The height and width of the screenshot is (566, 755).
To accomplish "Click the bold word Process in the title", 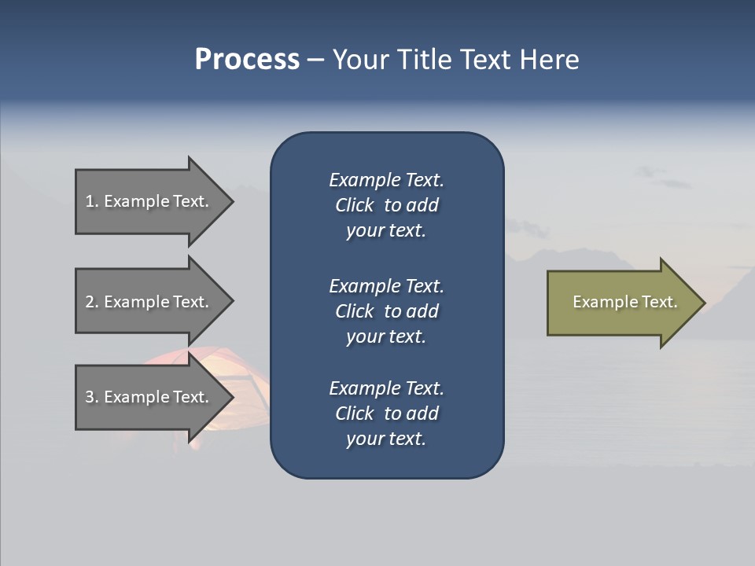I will pos(247,60).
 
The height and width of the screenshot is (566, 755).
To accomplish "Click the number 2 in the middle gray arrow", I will pos(90,302).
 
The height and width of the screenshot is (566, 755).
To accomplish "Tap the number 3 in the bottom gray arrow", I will pos(90,397).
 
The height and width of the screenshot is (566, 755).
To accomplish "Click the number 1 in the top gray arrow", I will pos(90,201).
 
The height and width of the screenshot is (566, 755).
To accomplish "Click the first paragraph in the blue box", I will pos(386,205).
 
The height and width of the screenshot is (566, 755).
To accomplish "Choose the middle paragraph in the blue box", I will pos(386,311).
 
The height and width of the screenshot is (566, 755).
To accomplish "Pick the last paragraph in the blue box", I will pos(386,413).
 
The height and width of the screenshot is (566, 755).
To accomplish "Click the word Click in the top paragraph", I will pos(354,206).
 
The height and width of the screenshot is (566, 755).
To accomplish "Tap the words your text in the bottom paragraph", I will pos(386,439).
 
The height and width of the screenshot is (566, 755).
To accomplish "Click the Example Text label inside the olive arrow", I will pos(624,302).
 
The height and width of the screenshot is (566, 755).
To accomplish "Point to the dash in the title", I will pos(315,61).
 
